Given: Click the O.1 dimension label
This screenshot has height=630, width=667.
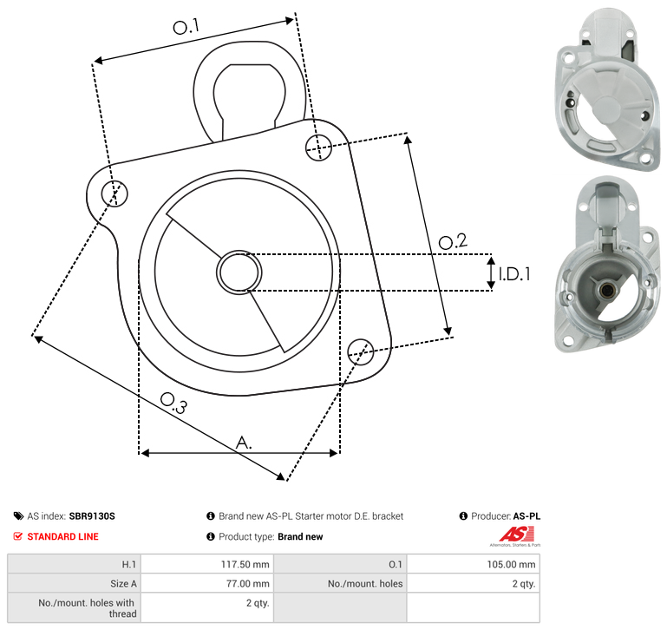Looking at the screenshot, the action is tap(186, 27).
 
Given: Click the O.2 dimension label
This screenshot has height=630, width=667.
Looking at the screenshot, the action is tap(453, 241).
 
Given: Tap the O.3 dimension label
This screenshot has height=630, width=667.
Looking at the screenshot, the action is tap(173, 403).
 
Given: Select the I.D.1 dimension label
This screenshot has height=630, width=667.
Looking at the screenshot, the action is tap(514, 274).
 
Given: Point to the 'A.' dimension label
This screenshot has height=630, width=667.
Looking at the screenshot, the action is tap(244, 443).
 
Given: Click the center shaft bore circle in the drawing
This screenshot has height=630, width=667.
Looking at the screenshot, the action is tap(239, 272).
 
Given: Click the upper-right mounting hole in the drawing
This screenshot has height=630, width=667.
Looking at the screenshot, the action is tap(318, 148).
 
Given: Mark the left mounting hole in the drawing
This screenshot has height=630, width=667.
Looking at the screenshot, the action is tap(114, 194).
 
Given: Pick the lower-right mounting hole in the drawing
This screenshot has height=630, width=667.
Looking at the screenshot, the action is tap(361, 351).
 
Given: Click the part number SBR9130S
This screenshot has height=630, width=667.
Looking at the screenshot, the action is tap(92, 516).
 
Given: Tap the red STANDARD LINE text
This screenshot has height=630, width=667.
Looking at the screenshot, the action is tap(63, 537).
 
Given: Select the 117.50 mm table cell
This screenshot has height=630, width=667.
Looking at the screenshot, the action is tap(207, 564).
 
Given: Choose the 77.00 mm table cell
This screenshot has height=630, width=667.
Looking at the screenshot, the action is tap(207, 583).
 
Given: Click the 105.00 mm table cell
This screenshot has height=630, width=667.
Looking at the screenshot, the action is tap(474, 564).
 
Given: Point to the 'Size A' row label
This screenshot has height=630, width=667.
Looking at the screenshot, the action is tap(123, 584).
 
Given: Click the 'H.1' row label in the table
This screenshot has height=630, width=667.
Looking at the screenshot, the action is tap(129, 564).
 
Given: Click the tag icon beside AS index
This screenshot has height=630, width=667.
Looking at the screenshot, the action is tap(18, 516).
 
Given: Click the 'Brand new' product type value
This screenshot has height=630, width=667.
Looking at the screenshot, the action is tap(300, 537).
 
